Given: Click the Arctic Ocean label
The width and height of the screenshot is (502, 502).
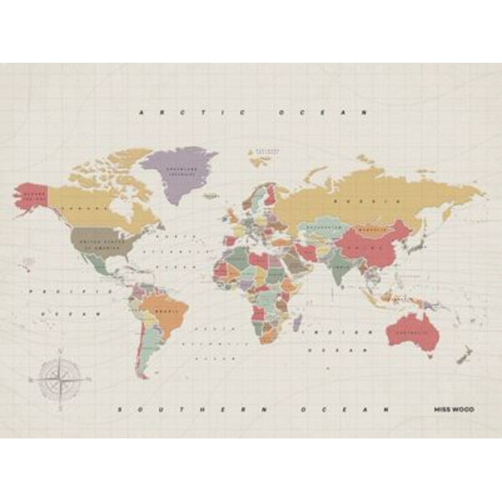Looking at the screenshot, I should (x=254, y=111).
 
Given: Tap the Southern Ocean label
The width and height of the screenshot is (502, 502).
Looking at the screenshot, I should (x=254, y=409).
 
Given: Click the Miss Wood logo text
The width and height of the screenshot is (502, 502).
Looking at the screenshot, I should (x=453, y=409).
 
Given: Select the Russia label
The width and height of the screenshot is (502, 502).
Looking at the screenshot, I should (x=351, y=202).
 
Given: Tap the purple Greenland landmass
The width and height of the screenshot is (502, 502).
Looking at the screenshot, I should (x=177, y=172).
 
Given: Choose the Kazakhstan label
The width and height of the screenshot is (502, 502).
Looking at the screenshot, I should (x=319, y=227).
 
